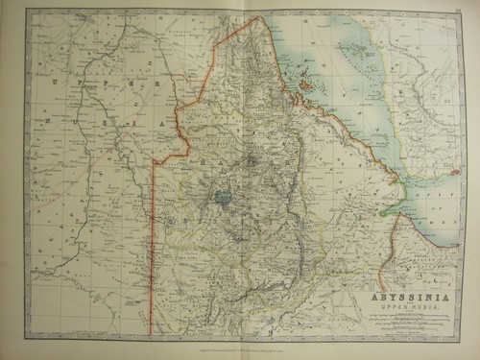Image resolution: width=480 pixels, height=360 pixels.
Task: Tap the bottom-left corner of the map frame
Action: [x=26, y=338]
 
